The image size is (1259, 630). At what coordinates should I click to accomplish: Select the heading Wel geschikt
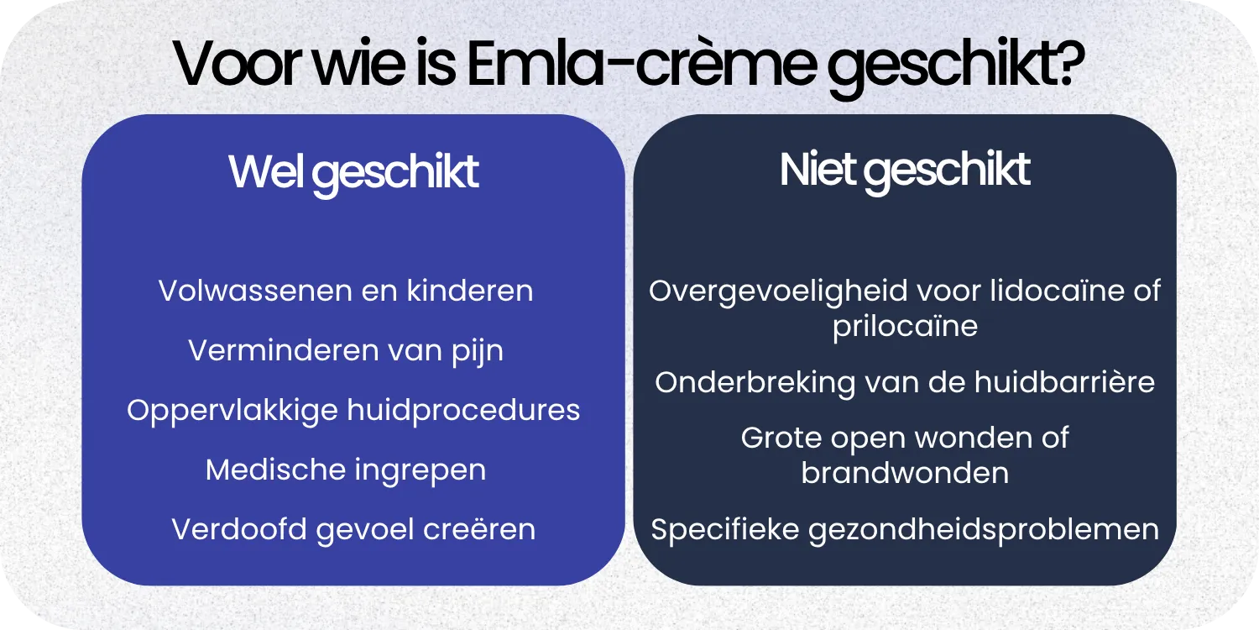(353, 172)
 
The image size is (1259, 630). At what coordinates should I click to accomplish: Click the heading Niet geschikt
(904, 170)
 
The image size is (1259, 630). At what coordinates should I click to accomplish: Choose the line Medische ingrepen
(346, 470)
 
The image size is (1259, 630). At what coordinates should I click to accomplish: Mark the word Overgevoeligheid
(778, 291)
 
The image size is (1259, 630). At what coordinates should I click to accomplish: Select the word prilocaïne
(905, 326)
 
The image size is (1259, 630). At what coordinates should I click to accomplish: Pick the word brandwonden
(905, 473)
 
